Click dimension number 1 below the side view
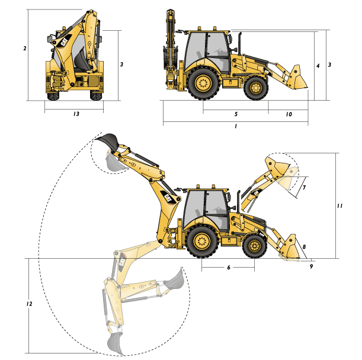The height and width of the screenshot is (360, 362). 235,126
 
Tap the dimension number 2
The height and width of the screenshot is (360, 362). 25,49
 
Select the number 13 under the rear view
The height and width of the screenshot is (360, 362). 76,114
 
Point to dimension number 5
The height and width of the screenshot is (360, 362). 236,114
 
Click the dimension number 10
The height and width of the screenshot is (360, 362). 289,114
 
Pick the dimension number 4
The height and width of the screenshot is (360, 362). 318,66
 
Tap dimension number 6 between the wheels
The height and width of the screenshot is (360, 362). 229,267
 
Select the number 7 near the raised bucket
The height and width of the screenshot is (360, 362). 304,187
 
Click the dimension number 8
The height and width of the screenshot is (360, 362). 304,247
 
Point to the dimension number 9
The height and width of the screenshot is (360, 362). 311,266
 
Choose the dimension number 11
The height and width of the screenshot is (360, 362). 339,205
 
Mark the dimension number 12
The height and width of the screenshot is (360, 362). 29,304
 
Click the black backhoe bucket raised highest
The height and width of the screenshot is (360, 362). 108,140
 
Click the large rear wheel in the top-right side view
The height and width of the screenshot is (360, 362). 203,83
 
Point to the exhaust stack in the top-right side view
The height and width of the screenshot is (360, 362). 239,44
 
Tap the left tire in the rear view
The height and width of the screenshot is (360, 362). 53,95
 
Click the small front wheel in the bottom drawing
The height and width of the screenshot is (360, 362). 255,246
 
